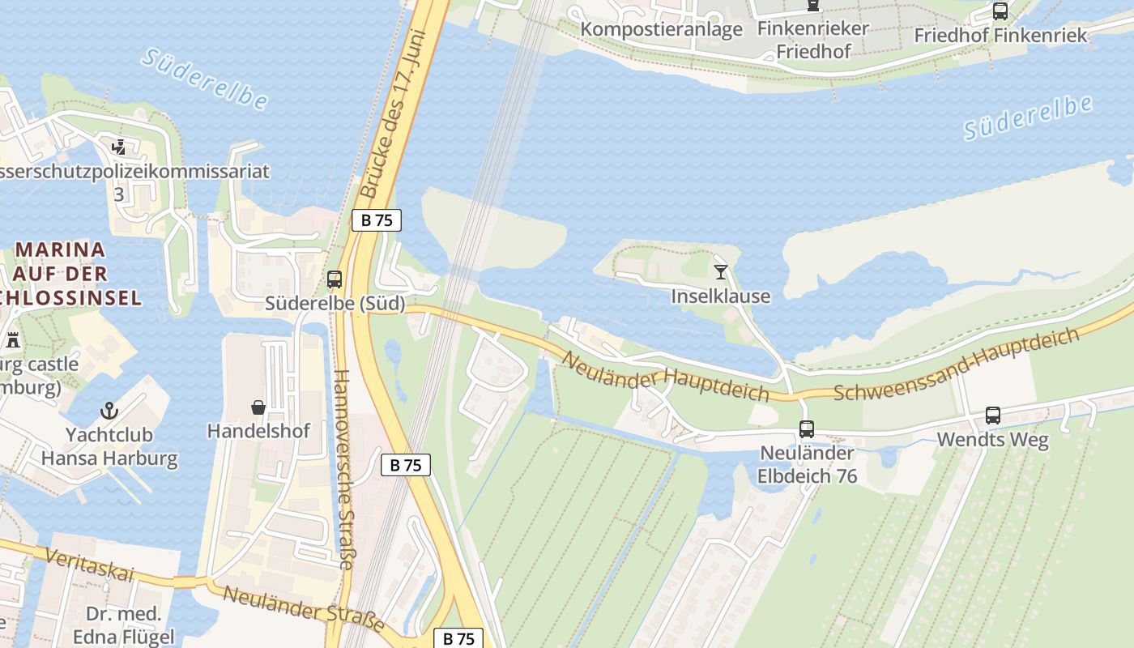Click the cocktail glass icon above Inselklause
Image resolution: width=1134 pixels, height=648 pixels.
coord(721,272)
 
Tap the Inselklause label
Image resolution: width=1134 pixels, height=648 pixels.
coord(720,296)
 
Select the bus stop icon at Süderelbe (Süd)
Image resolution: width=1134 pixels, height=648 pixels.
coord(335,279)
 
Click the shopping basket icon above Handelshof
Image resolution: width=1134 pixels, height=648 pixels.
coord(258,407)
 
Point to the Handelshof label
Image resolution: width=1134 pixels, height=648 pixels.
coord(258,431)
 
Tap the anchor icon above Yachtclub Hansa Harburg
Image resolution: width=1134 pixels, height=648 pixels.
coord(109,411)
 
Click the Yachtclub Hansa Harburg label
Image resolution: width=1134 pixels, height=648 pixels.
coord(109,446)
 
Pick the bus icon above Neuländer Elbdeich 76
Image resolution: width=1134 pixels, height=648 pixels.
coord(807,429)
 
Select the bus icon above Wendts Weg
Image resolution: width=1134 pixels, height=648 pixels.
coord(993,416)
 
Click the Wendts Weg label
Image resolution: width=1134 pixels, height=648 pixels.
coord(992,441)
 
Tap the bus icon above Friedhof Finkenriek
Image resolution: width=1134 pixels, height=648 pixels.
coord(1000,11)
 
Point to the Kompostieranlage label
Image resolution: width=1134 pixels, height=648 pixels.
coord(662,30)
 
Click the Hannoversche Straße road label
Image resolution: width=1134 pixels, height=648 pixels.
coord(343,470)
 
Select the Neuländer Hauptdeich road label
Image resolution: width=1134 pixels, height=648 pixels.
coord(664,377)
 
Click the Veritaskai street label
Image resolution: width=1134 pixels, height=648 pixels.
coord(89,565)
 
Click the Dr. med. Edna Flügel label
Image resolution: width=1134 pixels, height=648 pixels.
coord(123,625)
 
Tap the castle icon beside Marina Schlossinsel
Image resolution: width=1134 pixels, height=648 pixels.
coord(12,340)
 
